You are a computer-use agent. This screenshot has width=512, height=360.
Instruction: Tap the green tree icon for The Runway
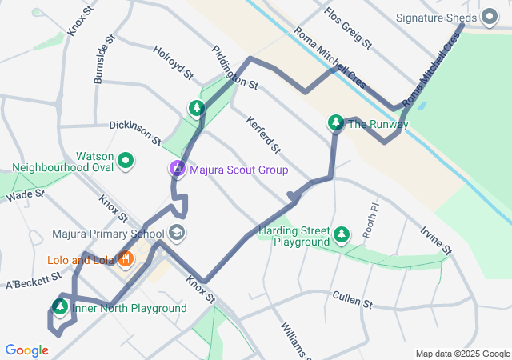point(336,123)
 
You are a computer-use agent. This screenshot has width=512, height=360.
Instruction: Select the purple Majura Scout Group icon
point(177,170)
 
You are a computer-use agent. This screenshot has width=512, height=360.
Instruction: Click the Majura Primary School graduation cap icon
point(177,234)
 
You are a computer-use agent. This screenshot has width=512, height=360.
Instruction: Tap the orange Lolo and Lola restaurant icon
point(125,258)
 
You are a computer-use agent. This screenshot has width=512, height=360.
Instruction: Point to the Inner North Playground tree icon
point(60,307)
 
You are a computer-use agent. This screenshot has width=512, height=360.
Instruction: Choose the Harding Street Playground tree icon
point(342,234)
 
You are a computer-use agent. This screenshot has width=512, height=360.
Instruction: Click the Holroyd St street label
point(174,62)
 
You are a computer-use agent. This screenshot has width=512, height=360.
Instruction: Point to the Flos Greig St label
point(347,28)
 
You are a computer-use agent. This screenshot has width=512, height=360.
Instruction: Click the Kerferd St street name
point(263,134)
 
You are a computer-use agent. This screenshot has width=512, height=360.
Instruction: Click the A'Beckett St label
point(34,280)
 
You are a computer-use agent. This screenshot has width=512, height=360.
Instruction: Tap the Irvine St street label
point(437,239)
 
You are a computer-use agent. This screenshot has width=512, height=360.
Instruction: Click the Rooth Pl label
point(369,215)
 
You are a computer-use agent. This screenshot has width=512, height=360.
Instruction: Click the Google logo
point(26,350)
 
